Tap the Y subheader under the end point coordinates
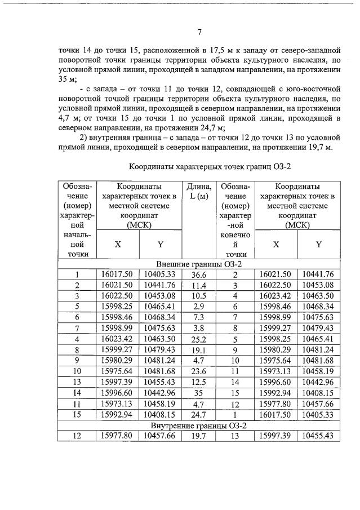[x=318, y=245]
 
